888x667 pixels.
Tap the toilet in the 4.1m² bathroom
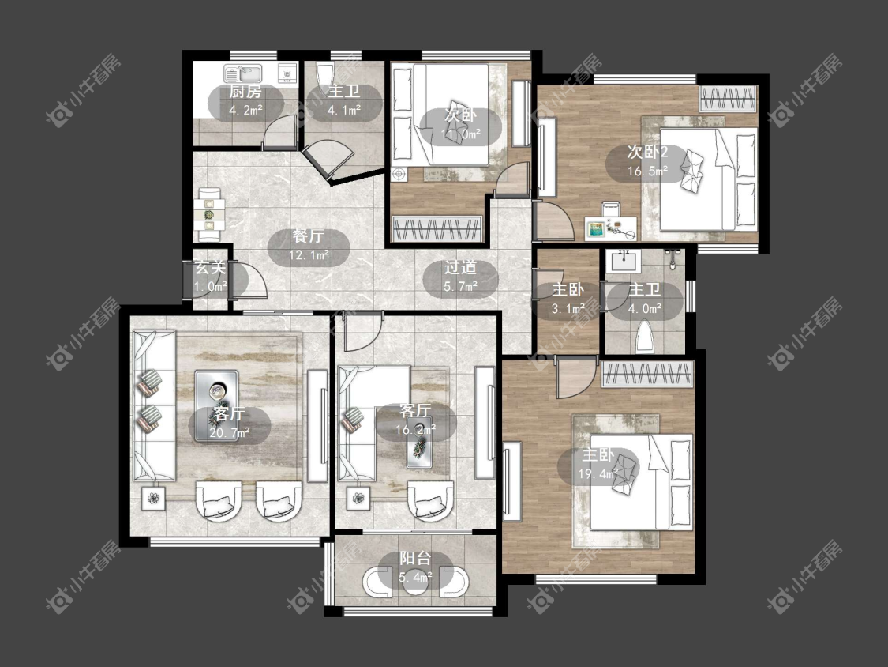(x=324, y=73)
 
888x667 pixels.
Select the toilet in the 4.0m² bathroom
(x=645, y=337)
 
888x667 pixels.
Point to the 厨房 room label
(x=245, y=92)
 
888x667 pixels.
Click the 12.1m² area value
(x=309, y=255)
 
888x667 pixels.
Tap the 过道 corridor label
(x=460, y=267)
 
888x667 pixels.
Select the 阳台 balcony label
(x=416, y=558)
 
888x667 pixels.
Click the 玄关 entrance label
(x=210, y=266)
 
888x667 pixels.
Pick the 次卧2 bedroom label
(x=648, y=152)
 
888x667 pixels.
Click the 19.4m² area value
(x=598, y=474)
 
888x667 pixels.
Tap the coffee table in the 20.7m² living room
(x=217, y=405)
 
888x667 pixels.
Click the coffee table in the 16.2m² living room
(x=420, y=443)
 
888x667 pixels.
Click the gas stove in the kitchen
(x=287, y=73)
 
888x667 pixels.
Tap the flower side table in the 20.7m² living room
(x=153, y=499)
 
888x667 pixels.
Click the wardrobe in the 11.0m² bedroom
(x=437, y=229)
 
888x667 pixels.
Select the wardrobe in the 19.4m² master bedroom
(x=647, y=374)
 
